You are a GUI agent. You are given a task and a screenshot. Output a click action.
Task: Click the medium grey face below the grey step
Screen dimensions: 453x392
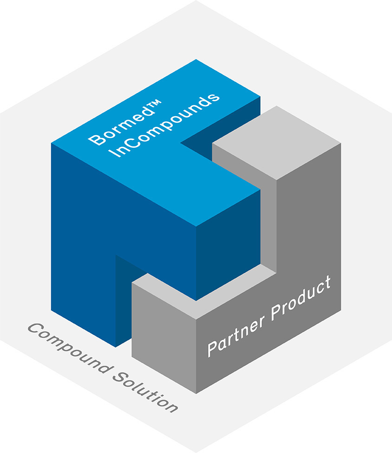163,339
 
